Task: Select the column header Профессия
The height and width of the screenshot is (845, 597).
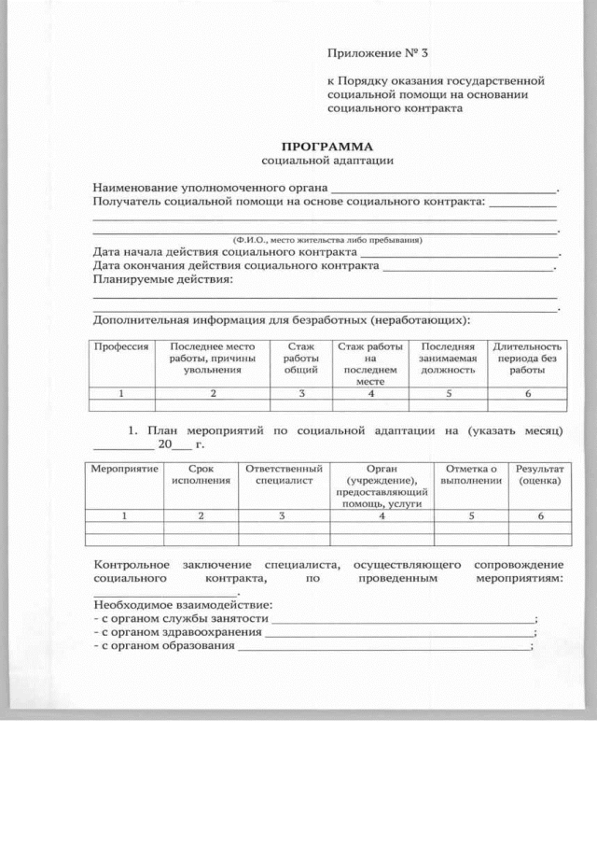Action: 121,346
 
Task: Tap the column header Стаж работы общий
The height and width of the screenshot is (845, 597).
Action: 300,358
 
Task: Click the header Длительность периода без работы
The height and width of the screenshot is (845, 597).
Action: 527,358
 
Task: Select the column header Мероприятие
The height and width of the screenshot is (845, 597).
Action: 124,468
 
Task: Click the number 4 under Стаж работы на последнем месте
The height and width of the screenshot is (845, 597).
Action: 371,394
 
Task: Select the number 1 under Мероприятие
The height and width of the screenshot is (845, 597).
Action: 124,515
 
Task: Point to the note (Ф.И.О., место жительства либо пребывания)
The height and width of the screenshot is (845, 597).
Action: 326,240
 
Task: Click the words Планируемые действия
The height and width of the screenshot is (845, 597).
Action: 163,279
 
